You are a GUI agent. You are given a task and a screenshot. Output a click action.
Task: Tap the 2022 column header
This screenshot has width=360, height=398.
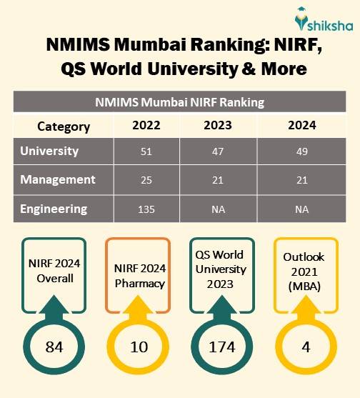[x=146, y=126]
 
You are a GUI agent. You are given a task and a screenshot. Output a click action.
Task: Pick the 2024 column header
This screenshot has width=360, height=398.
[x=301, y=126]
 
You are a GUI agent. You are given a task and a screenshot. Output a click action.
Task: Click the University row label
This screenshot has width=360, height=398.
[x=49, y=151]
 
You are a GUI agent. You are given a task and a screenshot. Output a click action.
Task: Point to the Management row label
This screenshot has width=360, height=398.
[x=57, y=179]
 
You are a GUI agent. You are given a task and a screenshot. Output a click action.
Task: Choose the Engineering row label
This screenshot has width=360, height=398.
[x=54, y=209]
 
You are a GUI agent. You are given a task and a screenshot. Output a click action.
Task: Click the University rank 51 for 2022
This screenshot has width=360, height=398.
[x=146, y=152]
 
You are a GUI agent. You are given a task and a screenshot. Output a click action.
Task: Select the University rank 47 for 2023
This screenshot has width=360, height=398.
[x=218, y=152]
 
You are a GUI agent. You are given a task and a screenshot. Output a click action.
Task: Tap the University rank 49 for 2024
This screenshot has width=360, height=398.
[x=301, y=152]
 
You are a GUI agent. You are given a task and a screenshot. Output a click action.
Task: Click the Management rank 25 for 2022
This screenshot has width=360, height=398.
[x=146, y=180]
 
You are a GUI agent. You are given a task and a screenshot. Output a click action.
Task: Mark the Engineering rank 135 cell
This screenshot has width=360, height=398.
[x=146, y=210]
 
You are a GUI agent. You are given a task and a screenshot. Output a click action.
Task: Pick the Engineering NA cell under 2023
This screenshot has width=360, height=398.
[x=218, y=210]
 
